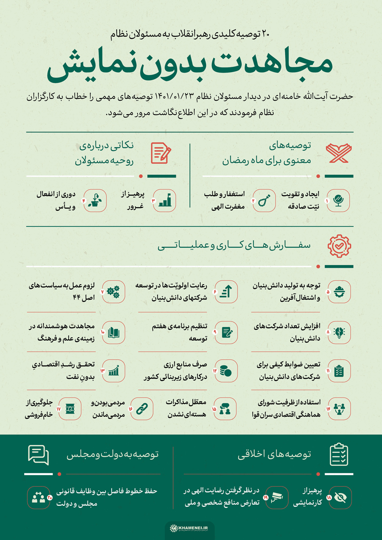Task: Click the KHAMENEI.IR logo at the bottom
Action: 190,528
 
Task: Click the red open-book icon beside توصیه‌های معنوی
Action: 338,154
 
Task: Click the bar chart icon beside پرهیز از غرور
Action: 164,200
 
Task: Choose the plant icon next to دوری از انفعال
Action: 95,200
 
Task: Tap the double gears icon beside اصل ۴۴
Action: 113,292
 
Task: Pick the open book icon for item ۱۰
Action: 113,332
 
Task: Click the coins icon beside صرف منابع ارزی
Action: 225,371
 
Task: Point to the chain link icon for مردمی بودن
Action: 142,408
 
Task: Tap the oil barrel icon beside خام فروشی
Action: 70,408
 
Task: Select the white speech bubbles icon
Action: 39,456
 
